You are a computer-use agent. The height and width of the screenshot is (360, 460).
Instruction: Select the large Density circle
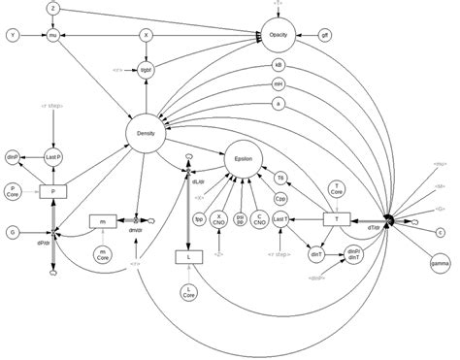click(148, 131)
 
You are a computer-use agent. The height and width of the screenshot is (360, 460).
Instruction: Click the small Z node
click(53, 8)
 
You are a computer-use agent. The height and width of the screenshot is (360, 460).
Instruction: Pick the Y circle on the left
click(13, 35)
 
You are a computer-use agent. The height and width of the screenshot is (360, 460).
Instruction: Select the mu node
click(53, 35)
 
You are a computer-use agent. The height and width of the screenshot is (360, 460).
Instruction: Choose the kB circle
click(279, 67)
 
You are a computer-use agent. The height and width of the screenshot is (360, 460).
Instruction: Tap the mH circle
click(279, 84)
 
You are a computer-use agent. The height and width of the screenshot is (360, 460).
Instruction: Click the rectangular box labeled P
click(53, 192)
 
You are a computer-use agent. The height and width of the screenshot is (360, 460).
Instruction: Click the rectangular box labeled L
click(187, 257)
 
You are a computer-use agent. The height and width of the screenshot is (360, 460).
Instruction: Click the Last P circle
click(53, 156)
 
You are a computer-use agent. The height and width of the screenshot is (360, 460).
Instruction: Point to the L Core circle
click(188, 292)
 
